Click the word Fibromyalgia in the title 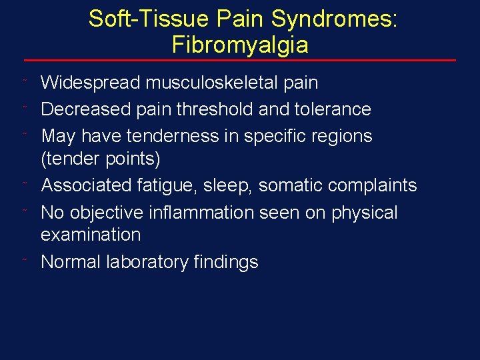pos(240,45)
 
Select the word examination pos(91,235)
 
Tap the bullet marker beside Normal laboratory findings pos(25,261)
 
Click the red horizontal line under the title pos(240,61)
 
